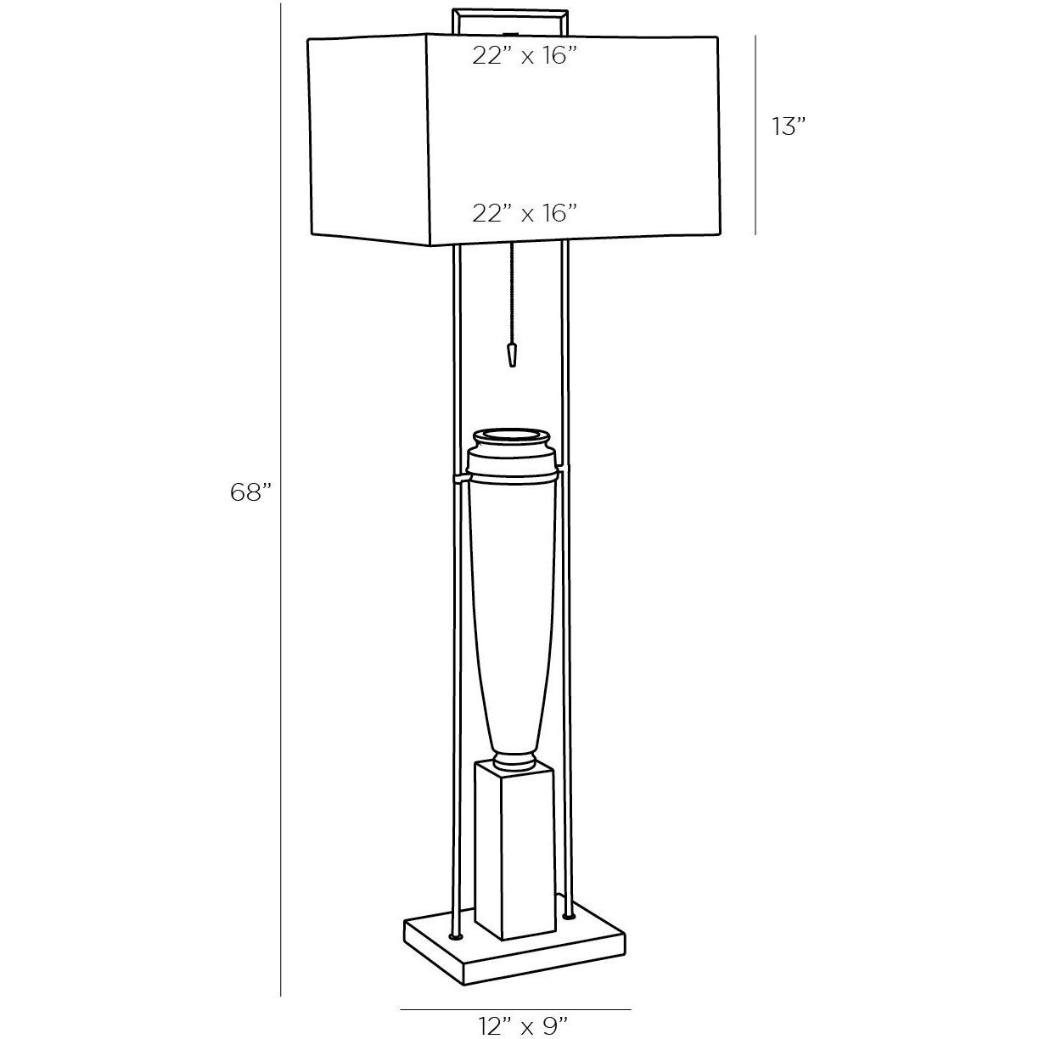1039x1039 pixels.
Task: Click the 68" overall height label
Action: point(250,491)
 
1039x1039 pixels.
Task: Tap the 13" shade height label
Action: point(788,126)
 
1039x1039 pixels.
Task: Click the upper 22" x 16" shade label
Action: point(525,56)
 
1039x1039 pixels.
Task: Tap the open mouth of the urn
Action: point(514,438)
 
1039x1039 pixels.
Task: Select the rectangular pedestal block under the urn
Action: point(514,849)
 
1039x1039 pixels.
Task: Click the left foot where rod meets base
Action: point(458,936)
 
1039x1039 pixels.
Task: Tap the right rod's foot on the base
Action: point(568,916)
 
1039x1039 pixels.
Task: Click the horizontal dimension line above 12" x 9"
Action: point(515,1009)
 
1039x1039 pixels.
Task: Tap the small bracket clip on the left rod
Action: point(459,480)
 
